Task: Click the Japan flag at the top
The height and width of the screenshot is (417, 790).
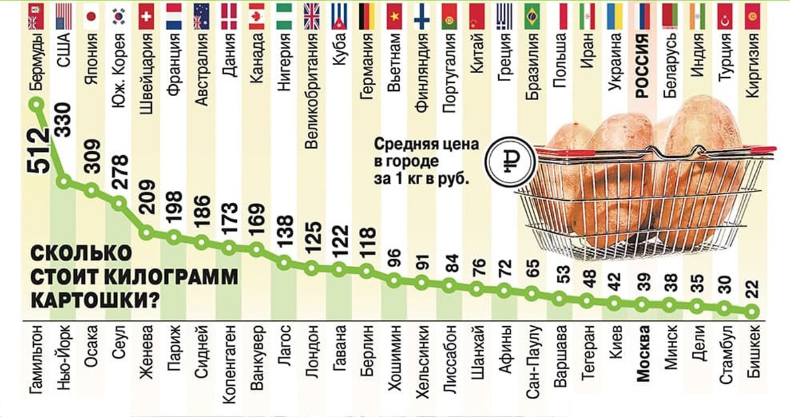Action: (92, 17)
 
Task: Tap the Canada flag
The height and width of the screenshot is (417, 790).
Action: (257, 17)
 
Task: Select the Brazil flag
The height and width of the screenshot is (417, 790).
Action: (532, 17)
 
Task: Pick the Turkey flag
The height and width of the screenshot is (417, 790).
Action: (725, 17)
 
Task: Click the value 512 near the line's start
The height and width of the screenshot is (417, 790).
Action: (38, 150)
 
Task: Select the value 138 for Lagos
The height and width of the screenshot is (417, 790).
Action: (285, 231)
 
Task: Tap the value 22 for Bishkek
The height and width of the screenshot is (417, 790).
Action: (752, 290)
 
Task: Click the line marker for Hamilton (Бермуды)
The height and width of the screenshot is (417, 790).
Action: (36, 104)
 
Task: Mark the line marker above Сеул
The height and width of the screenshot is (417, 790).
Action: (119, 204)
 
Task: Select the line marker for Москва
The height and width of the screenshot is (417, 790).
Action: (642, 305)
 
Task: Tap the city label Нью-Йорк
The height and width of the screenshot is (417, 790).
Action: (64, 358)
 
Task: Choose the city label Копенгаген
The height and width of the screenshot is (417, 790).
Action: (230, 364)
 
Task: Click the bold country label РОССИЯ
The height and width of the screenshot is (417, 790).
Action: (642, 66)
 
